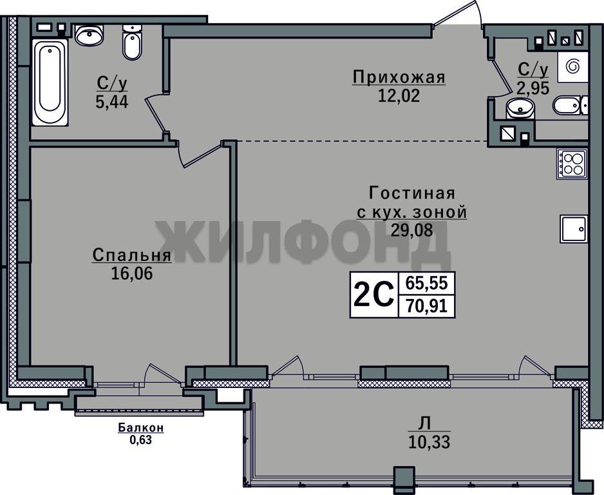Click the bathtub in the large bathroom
coord(50,82)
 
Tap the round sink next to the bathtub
coord(90,35)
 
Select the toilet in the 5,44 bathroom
coord(132,43)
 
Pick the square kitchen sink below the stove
coord(574,229)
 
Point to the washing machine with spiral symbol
coord(572,66)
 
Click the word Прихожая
coord(399,77)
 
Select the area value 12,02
coord(399,95)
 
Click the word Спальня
coord(132,255)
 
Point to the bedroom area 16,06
coord(132,273)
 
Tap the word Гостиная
coord(412,193)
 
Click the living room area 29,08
coord(412,230)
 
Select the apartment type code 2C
coord(373,295)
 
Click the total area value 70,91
coord(427,307)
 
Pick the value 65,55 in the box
coord(427,284)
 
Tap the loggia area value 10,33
coord(429,442)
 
